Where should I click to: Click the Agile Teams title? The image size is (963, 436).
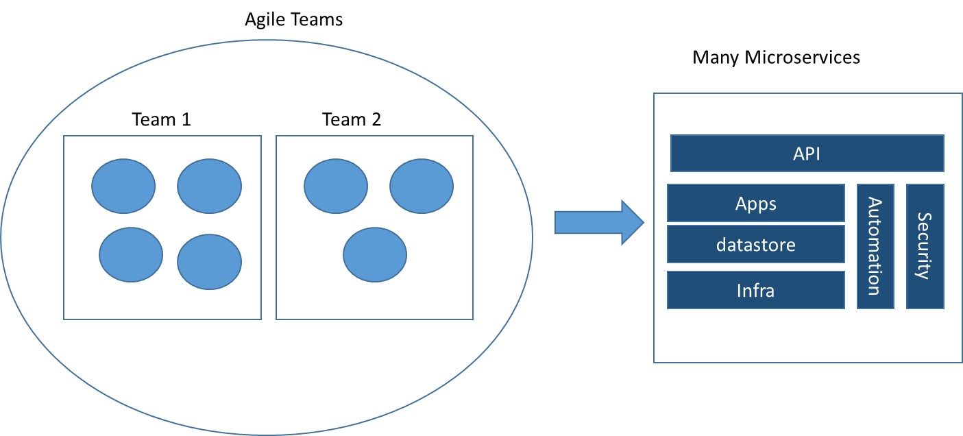click(x=294, y=20)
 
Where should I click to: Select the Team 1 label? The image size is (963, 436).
click(x=161, y=120)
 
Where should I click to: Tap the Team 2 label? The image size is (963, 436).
click(x=352, y=120)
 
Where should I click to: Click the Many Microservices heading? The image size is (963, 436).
click(x=776, y=58)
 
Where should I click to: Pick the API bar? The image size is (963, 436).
click(x=807, y=153)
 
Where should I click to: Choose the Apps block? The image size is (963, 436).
click(x=755, y=203)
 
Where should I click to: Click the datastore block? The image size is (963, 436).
click(x=755, y=244)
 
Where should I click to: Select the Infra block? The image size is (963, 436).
click(x=755, y=290)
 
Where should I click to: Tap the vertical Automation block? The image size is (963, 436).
click(x=875, y=246)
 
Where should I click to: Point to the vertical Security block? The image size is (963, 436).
click(x=925, y=246)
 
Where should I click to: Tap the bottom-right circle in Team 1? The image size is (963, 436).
click(x=209, y=262)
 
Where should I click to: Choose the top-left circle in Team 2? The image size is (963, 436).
click(x=336, y=187)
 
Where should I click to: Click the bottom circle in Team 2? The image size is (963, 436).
click(x=375, y=255)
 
